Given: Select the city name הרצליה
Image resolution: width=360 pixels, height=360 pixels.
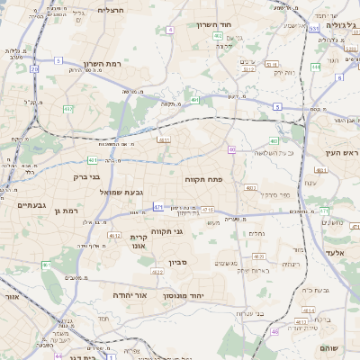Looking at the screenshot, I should coord(115,10).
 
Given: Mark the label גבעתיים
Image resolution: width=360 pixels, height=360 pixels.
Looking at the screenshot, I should coord(31,205).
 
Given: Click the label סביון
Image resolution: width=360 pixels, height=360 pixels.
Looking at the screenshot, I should coord(176,265).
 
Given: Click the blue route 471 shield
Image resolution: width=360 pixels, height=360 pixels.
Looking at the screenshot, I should coord(157,207).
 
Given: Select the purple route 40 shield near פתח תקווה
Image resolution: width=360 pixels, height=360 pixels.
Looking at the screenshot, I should coord(231,149).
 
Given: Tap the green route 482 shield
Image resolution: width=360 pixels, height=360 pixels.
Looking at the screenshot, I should coord(67,109).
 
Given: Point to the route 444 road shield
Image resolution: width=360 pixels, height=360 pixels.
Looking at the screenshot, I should coord(316,66).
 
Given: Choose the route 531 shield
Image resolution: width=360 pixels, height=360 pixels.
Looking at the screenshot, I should coord(314,29).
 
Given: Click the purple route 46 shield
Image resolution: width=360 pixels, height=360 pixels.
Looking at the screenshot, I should coord(274,332).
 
